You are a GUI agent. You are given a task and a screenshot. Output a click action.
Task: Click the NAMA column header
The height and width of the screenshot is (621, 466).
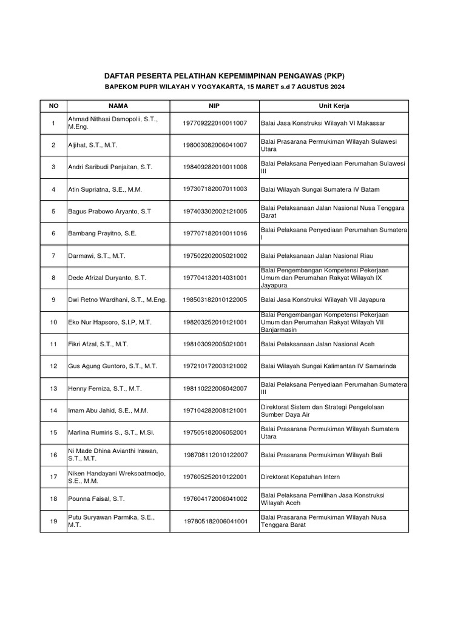(x=118, y=106)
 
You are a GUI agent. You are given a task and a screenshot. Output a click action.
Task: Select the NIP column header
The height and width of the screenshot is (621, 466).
(x=214, y=106)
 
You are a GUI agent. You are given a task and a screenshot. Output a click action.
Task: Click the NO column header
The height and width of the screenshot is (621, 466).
(x=53, y=106)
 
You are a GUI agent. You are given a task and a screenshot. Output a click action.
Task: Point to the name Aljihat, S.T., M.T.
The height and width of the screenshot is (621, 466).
(x=93, y=146)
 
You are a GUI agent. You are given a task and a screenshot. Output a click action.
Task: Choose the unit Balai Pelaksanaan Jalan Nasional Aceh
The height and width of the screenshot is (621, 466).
(x=318, y=344)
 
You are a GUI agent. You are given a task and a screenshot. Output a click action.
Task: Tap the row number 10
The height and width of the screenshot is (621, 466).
(x=53, y=322)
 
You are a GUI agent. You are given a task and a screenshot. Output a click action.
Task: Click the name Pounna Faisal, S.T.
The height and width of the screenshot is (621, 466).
(x=96, y=498)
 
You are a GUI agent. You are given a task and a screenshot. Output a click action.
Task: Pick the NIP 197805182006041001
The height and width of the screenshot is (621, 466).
(x=215, y=521)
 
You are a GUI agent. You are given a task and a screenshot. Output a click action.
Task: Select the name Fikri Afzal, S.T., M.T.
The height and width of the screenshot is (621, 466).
(x=98, y=344)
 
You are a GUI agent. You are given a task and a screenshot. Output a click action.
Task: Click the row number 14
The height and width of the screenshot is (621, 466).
(x=53, y=411)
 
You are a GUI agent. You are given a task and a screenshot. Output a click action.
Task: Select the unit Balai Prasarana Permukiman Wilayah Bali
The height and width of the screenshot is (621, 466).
(x=321, y=455)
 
